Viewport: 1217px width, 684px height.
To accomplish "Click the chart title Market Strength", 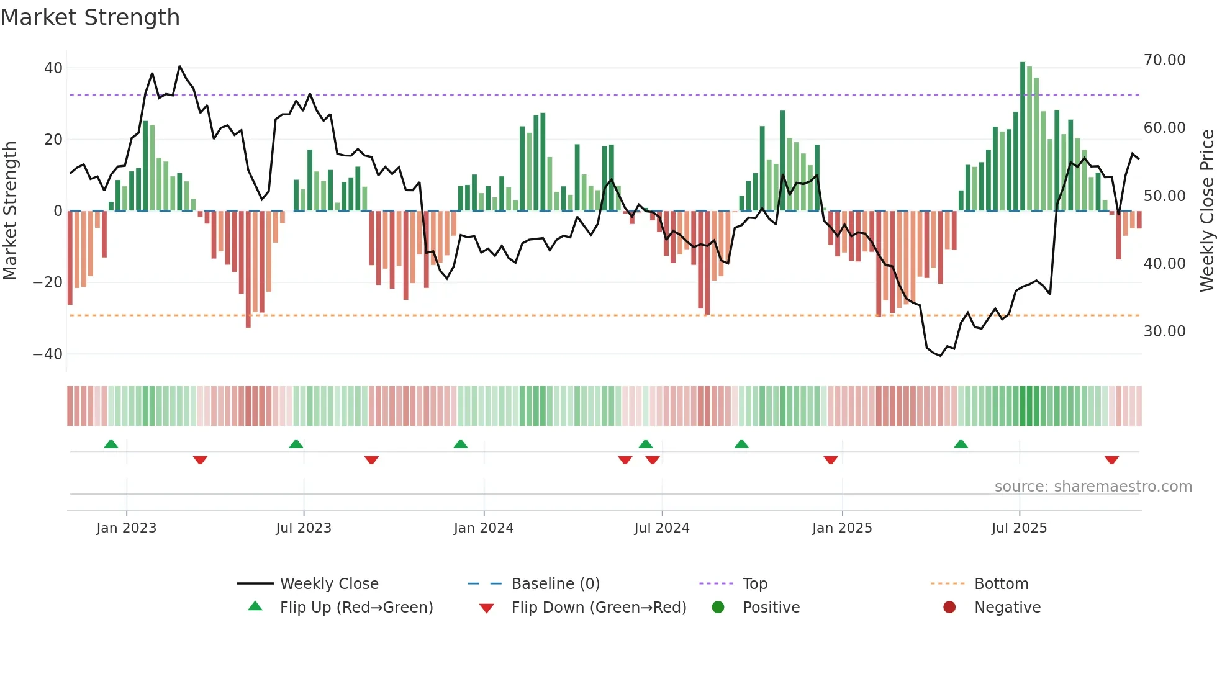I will coord(90,17).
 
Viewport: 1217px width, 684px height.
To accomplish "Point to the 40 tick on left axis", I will coord(53,68).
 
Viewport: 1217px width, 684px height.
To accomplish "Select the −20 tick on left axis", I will coord(48,282).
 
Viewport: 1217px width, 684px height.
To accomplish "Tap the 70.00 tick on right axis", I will coord(1164,60).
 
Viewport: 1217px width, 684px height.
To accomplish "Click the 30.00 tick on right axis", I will coord(1164,331).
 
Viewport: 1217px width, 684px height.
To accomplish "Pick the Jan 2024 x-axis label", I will coord(484,528).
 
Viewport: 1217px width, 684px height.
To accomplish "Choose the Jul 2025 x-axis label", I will coord(1019,528).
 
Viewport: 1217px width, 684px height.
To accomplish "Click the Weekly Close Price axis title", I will coord(1206,211).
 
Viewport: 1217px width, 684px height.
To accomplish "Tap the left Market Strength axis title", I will coord(11,211).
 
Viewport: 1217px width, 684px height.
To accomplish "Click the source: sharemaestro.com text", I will coord(1093,487).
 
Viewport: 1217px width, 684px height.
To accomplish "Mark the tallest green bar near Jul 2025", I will coord(1023,137).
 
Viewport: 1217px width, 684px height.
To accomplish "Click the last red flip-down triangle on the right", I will coord(1111,460).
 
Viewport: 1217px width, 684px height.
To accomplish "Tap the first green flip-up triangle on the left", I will coord(111,444).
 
